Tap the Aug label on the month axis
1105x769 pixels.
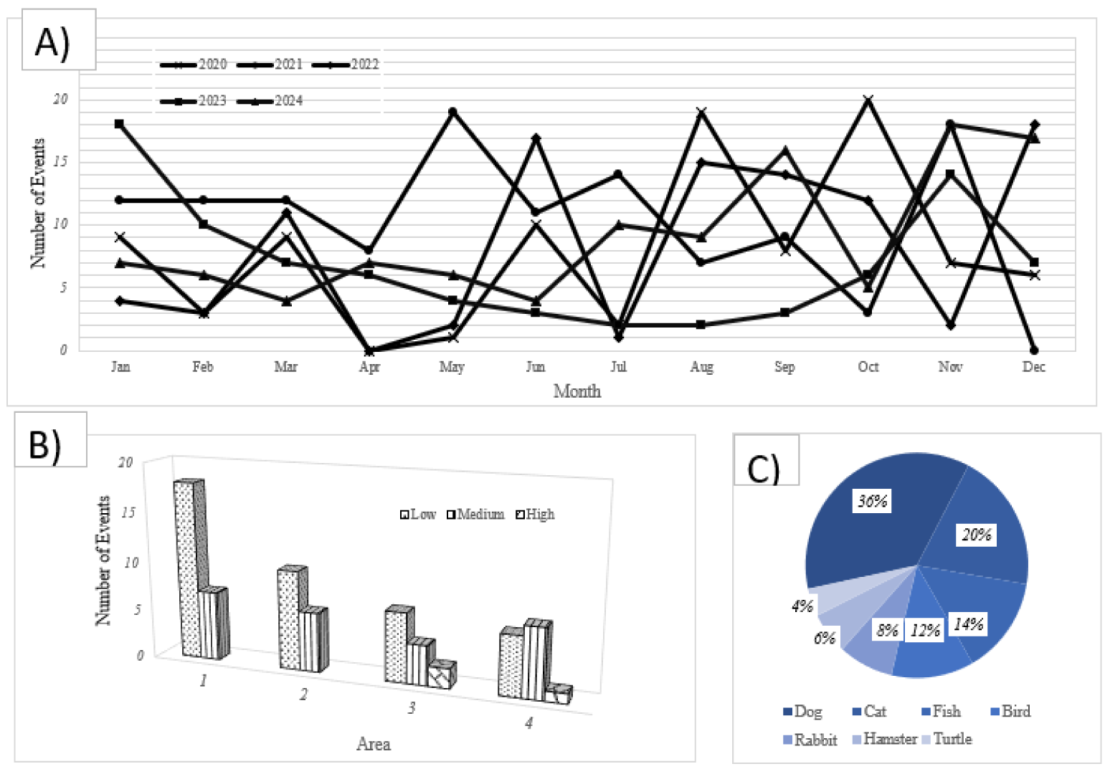click(x=701, y=367)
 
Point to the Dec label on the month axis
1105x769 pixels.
click(x=1033, y=367)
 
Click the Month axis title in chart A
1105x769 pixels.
click(x=577, y=391)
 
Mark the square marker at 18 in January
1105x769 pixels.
click(x=119, y=124)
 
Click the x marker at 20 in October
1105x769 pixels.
click(x=868, y=100)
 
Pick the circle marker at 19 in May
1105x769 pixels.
click(x=452, y=112)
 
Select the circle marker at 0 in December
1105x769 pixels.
click(x=1034, y=350)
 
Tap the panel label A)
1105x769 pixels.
click(x=53, y=42)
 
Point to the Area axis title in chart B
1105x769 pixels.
click(x=373, y=745)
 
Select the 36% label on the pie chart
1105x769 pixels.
click(x=873, y=501)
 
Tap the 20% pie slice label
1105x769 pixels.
click(x=977, y=535)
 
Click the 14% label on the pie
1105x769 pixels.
click(x=968, y=624)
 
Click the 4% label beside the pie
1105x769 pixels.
click(x=802, y=606)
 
